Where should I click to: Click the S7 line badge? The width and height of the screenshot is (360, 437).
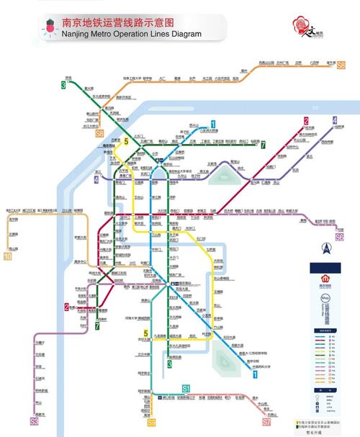click(267, 432)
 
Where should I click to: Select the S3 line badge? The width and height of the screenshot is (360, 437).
click(34, 420)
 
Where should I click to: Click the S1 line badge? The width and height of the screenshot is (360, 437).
click(185, 389)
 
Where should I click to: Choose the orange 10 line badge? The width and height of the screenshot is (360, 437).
click(8, 256)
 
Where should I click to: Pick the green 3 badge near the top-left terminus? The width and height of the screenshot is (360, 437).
click(63, 85)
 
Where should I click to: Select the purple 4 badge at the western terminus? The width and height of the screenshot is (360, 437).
click(96, 179)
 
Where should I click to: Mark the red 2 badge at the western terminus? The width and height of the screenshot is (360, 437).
click(66, 307)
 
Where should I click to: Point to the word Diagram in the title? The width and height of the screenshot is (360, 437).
click(183, 33)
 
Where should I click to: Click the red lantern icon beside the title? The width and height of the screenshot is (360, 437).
click(50, 27)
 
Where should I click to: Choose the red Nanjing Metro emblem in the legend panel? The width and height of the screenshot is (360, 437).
click(323, 278)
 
